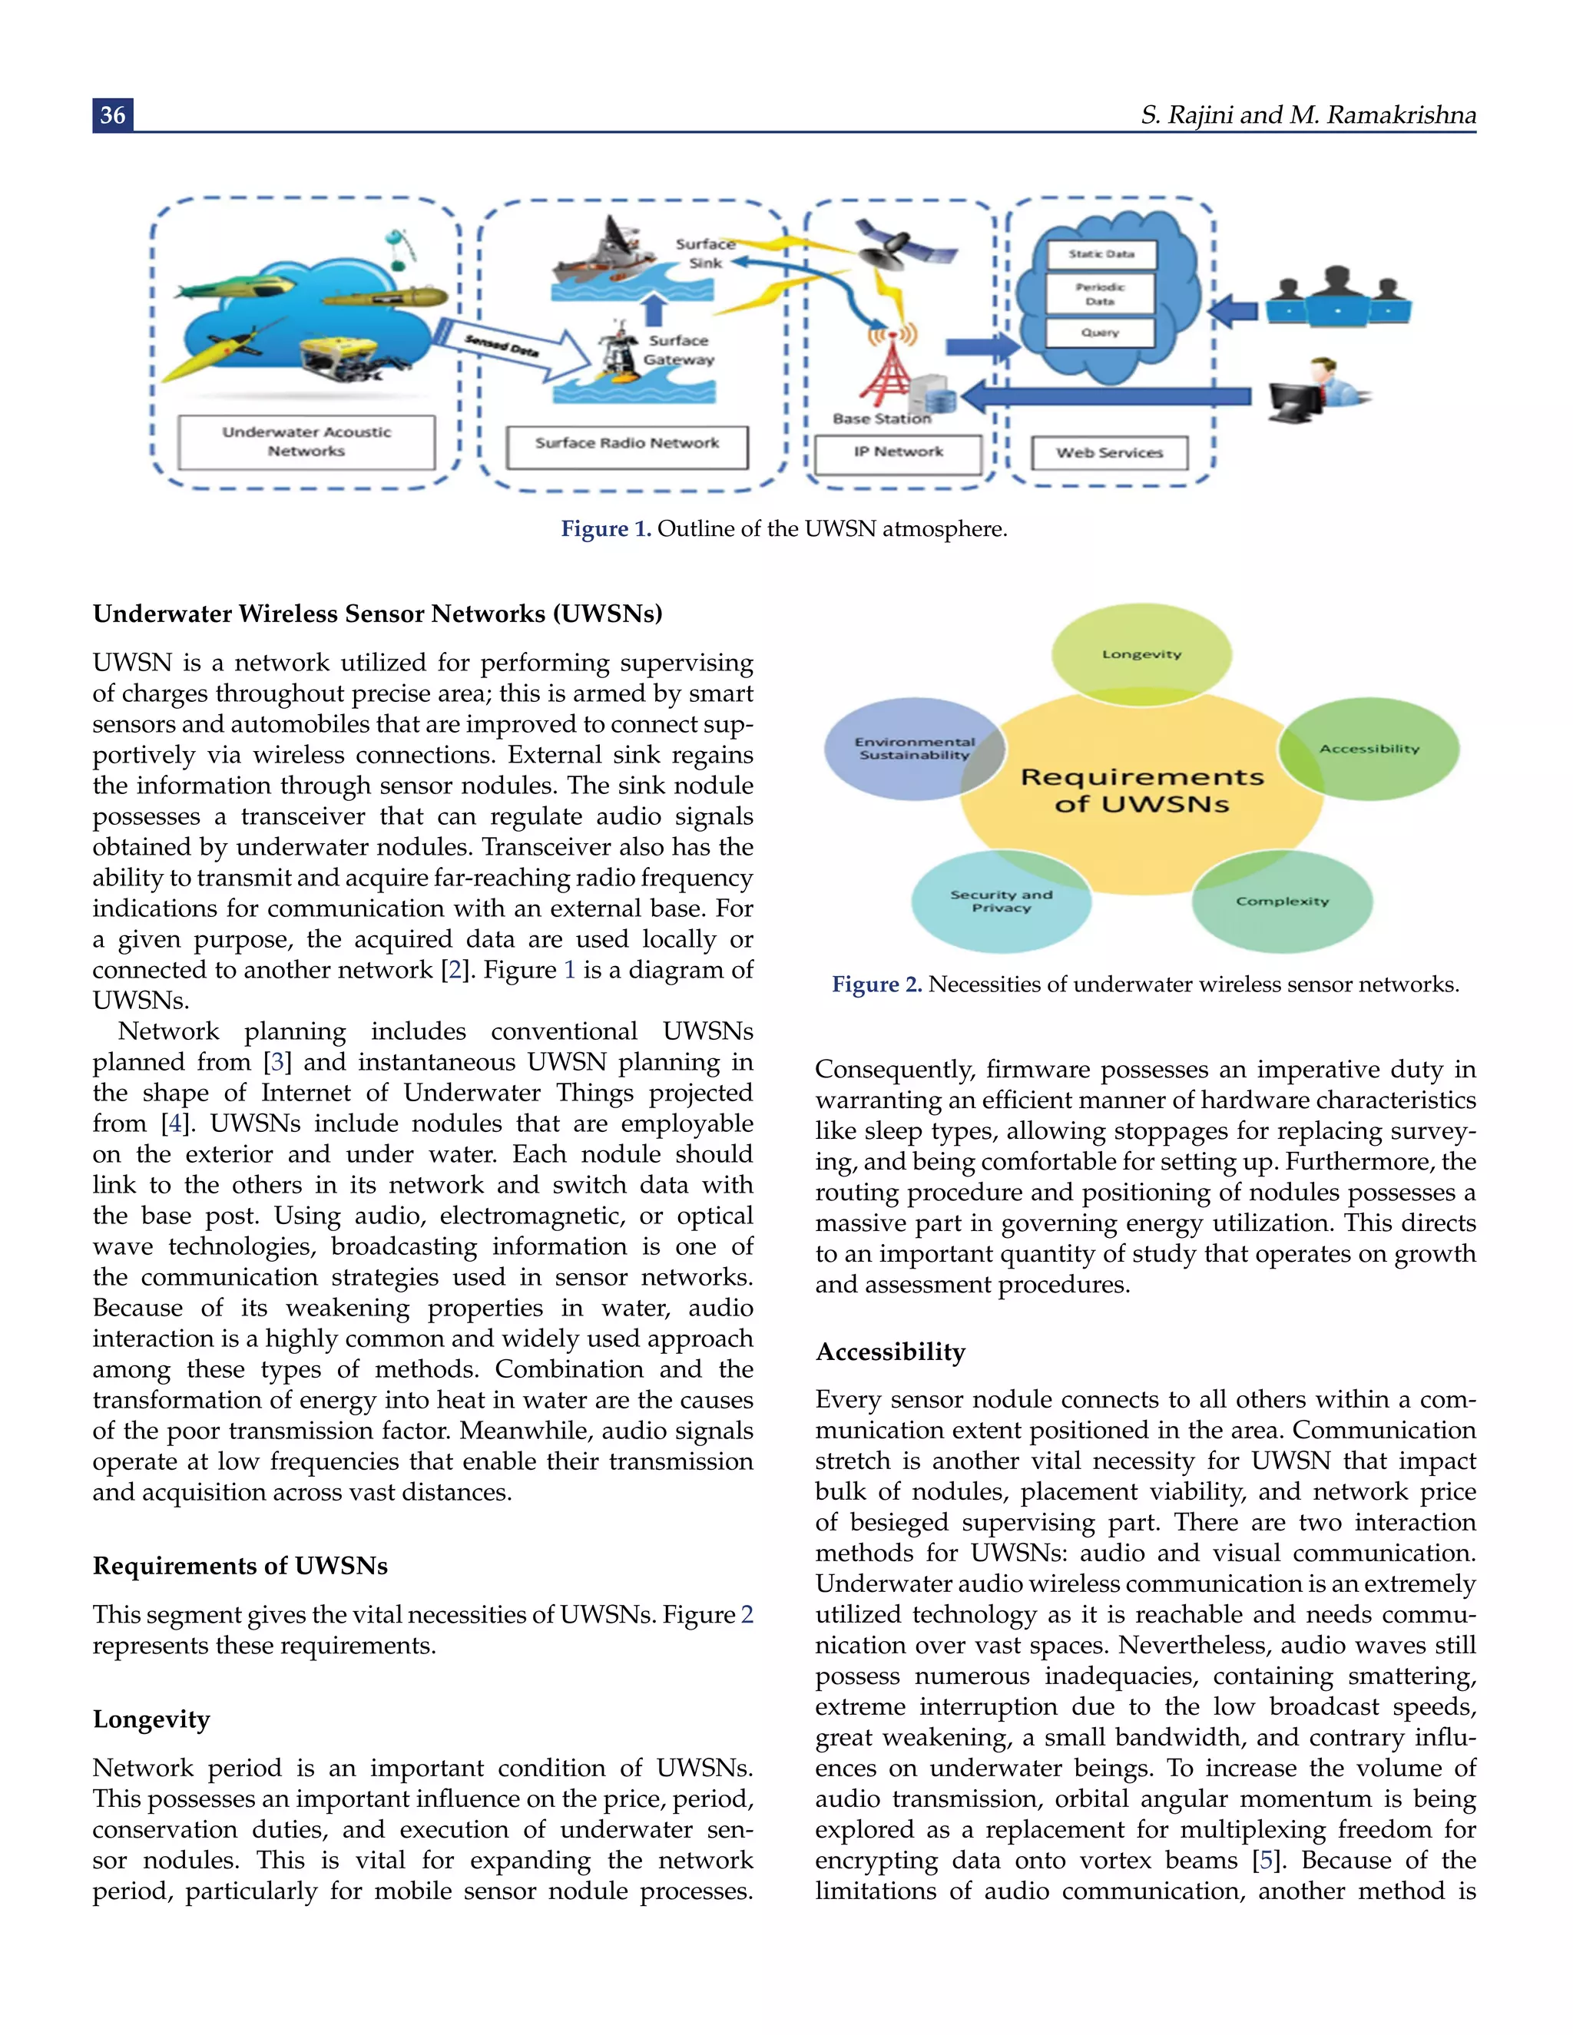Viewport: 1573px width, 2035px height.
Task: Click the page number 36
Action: (x=113, y=114)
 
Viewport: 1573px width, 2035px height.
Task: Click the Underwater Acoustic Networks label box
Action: (x=306, y=442)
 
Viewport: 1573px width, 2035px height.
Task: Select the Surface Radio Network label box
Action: (x=628, y=445)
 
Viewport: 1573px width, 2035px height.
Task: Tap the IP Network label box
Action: (x=899, y=453)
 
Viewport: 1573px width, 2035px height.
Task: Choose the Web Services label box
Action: (x=1109, y=453)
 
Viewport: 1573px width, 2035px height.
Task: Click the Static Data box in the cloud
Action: (x=1101, y=254)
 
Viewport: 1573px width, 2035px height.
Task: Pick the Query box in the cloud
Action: (x=1101, y=333)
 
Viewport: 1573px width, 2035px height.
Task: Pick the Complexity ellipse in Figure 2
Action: (x=1282, y=901)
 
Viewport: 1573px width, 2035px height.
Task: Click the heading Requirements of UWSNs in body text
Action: (x=240, y=1567)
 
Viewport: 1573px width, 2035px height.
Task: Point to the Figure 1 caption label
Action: (x=606, y=529)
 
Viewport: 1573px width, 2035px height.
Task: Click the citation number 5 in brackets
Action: (x=1263, y=1861)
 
